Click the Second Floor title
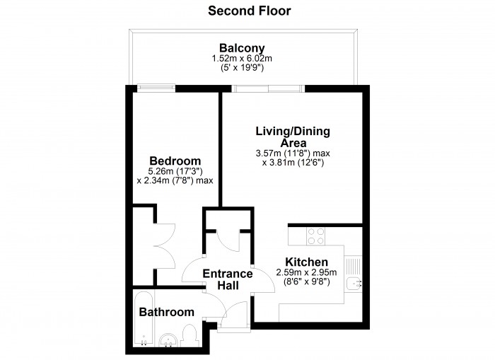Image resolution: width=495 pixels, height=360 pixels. (250, 11)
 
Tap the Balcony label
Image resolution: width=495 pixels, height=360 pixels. (242, 48)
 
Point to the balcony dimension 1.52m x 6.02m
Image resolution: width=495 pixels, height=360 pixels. (242, 59)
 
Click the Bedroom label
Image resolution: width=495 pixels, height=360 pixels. (175, 161)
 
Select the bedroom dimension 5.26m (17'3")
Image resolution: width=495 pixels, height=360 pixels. (175, 171)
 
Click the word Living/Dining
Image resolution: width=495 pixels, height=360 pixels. (293, 131)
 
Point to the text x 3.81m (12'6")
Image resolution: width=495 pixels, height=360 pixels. (293, 163)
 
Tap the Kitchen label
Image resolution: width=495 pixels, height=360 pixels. (306, 262)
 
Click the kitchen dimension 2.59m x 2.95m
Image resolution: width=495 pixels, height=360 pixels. (306, 272)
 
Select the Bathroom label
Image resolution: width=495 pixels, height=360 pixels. (167, 312)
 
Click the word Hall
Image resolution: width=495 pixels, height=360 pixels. (228, 286)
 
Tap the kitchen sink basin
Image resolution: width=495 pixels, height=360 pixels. (353, 284)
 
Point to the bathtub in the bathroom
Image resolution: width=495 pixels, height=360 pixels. (144, 318)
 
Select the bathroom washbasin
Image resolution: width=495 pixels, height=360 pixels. (168, 340)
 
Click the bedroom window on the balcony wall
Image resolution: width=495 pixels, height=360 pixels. (156, 88)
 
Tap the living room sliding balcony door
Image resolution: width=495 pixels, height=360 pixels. (268, 88)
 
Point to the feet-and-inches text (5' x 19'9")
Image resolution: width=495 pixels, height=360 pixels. (242, 68)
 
